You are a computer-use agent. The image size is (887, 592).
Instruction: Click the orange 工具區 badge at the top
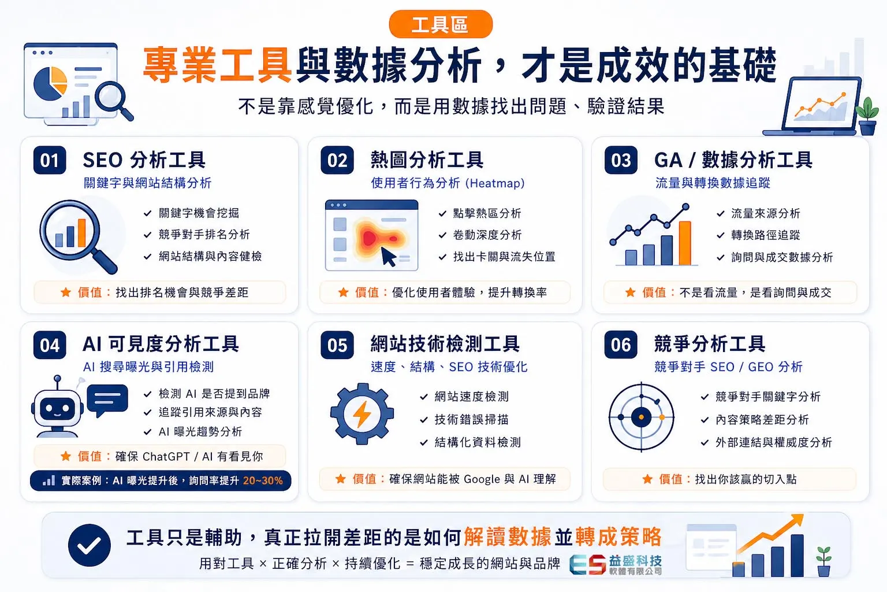[441, 24]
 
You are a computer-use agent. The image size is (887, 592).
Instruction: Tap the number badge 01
[50, 160]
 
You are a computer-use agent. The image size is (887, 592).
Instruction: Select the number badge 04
[50, 345]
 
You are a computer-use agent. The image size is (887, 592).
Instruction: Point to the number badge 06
[621, 345]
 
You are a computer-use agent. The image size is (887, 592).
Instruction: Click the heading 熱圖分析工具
[427, 160]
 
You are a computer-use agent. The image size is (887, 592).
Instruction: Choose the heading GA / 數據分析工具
[733, 160]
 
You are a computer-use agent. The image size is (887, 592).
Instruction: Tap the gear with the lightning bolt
[362, 413]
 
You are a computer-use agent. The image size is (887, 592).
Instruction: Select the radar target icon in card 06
[641, 417]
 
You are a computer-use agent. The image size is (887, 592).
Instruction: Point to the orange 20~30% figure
[263, 480]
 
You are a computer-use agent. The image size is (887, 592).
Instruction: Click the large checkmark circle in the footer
[90, 545]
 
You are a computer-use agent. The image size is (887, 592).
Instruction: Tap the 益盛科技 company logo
[616, 564]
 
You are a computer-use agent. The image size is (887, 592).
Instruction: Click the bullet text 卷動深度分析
[487, 235]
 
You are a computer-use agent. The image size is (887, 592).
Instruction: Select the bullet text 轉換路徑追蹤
[765, 235]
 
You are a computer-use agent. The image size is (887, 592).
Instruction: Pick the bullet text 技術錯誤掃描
[471, 419]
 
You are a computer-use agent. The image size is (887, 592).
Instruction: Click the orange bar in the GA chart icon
[685, 243]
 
